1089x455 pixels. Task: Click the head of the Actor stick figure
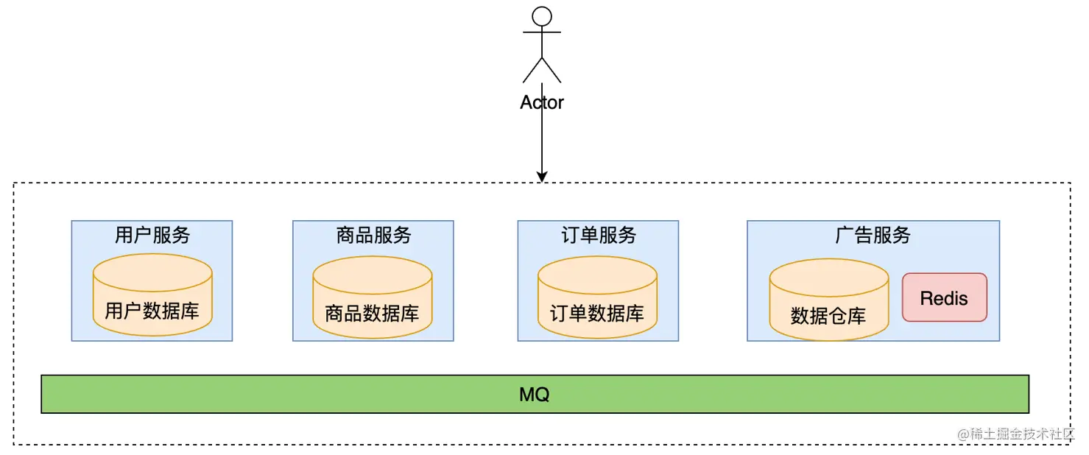(542, 16)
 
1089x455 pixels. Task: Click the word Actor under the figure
(542, 102)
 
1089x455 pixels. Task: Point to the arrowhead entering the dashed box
(542, 176)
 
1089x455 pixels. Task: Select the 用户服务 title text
(152, 235)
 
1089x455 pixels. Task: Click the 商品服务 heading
(373, 235)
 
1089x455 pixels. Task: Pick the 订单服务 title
(598, 235)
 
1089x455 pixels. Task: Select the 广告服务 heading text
(873, 235)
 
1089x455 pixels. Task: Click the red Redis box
(944, 297)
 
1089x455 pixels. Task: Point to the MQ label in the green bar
(535, 395)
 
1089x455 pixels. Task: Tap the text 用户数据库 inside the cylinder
(152, 311)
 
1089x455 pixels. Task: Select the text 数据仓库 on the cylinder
(828, 316)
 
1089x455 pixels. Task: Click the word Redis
(944, 298)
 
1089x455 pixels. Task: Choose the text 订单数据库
(597, 313)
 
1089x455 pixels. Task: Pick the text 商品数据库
(373, 313)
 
